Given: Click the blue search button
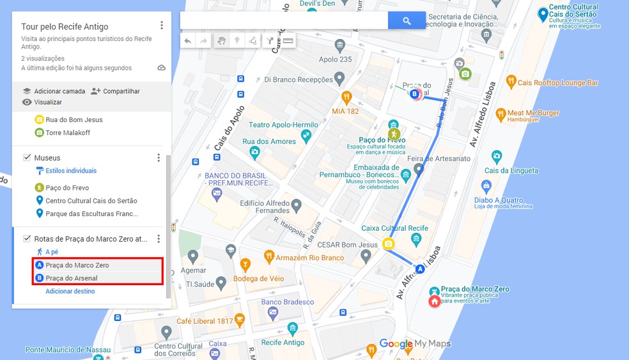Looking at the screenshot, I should [407, 20].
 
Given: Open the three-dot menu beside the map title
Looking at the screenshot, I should [162, 26].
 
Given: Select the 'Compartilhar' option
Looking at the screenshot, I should [116, 91].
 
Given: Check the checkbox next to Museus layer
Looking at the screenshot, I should [27, 157].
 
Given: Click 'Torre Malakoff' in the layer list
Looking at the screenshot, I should [68, 133].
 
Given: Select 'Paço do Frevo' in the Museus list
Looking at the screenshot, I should [67, 188].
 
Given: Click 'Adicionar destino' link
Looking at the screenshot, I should [70, 291].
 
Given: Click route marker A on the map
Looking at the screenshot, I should [420, 269].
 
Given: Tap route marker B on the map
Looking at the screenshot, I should [415, 94].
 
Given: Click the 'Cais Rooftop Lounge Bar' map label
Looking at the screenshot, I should [557, 82].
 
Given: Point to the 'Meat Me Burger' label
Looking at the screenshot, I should [533, 113].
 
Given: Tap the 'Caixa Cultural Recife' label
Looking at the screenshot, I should [394, 228].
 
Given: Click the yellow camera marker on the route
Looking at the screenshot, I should [388, 244].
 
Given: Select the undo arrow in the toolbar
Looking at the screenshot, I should [187, 41].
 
